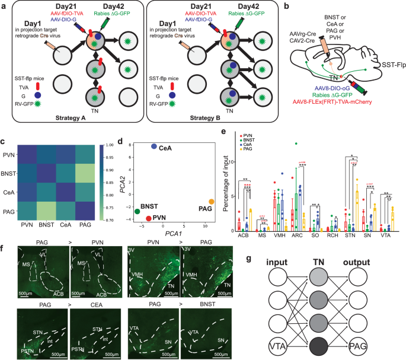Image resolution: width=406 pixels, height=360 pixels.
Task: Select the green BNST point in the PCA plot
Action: point(138,211)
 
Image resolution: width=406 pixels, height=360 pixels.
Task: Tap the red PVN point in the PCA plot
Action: point(148,219)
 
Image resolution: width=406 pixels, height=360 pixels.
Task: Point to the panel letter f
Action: point(4,244)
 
